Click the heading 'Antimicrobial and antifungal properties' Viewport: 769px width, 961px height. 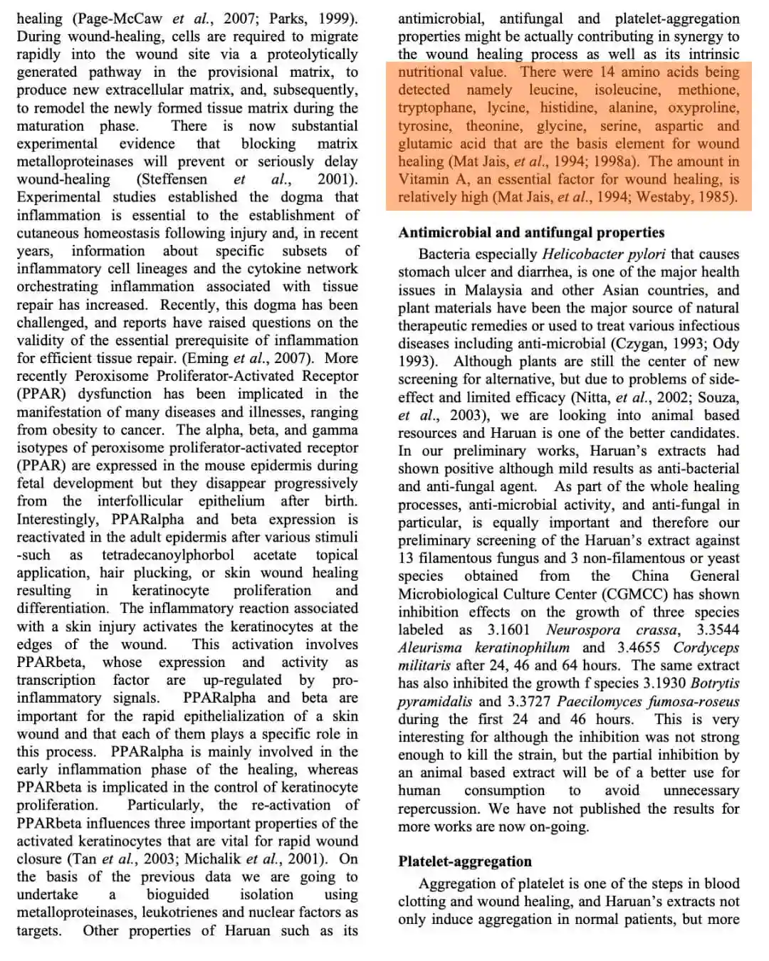531,233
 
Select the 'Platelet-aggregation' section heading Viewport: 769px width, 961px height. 465,861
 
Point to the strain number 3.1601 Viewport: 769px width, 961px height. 508,630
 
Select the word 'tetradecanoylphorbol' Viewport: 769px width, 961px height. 167,555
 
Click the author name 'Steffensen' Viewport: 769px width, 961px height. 172,179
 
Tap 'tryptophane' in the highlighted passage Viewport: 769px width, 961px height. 436,107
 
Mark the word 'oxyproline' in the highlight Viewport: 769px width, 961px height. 703,107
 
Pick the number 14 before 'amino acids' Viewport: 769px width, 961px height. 607,72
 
